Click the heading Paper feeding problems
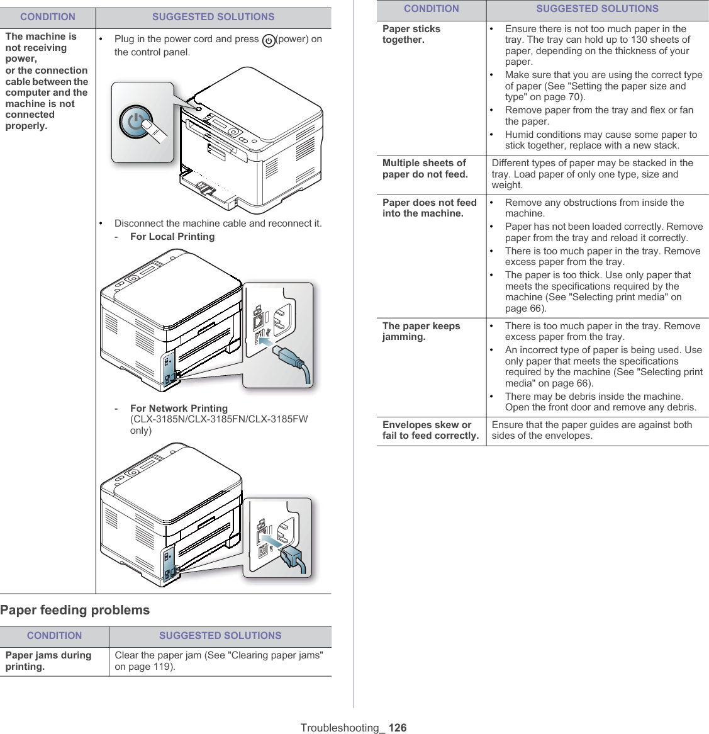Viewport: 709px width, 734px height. click(x=75, y=610)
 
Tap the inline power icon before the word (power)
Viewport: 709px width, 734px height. click(x=269, y=40)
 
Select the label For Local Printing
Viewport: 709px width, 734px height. click(x=172, y=237)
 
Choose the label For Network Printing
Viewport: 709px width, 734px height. click(x=179, y=409)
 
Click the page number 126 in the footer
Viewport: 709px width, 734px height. click(x=398, y=728)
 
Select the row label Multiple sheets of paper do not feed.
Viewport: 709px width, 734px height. click(x=425, y=169)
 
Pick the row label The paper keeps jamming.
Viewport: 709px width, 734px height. click(x=421, y=331)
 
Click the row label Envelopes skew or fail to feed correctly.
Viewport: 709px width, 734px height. click(x=430, y=430)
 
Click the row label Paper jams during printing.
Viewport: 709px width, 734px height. click(x=48, y=660)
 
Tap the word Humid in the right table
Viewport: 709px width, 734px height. click(x=519, y=135)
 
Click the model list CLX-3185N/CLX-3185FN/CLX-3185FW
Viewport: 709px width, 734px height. click(x=219, y=419)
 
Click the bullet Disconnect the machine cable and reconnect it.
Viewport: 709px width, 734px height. click(x=218, y=223)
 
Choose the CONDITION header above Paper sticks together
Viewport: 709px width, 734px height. click(x=432, y=9)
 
